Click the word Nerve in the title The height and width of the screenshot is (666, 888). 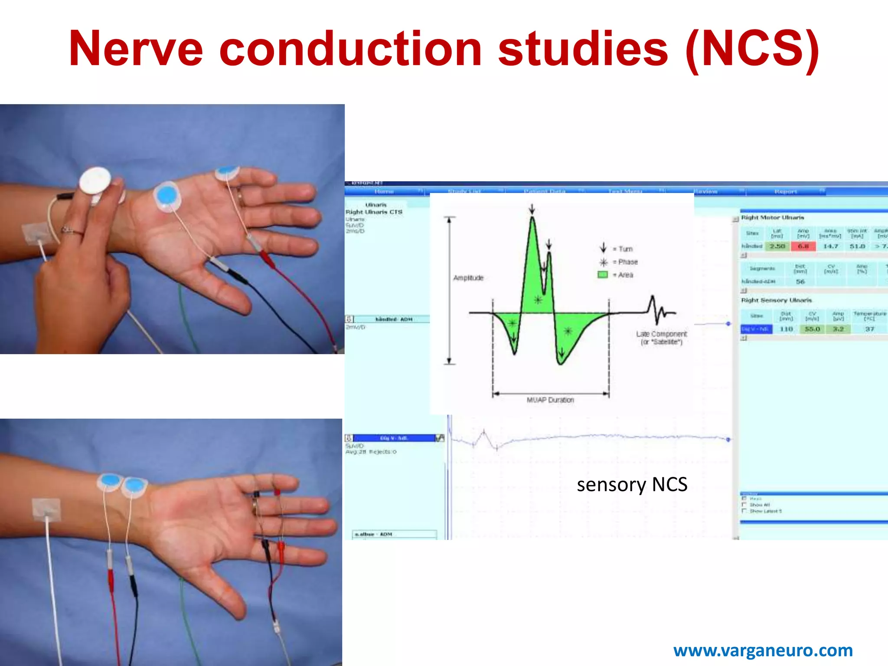tap(136, 49)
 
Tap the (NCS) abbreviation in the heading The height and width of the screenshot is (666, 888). tap(752, 49)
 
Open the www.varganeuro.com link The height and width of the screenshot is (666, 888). tap(763, 650)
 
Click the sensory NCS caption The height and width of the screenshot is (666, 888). tap(632, 485)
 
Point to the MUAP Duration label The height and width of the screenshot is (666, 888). tap(550, 400)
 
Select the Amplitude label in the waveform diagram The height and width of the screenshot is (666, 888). tap(468, 277)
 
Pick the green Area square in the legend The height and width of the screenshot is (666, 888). tap(603, 274)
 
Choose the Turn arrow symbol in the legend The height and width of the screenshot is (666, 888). tap(603, 248)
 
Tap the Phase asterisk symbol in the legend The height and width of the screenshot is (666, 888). tap(603, 262)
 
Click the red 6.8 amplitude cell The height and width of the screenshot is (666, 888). tap(803, 246)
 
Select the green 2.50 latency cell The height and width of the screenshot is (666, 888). tap(777, 246)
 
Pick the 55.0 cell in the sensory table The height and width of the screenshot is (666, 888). tap(812, 329)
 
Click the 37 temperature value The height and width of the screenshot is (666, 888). tap(870, 329)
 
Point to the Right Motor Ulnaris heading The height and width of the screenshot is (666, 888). tap(772, 217)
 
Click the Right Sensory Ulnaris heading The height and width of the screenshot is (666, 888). tap(776, 300)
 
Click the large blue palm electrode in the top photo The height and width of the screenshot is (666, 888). tap(166, 196)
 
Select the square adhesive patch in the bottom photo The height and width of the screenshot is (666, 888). tap(46, 510)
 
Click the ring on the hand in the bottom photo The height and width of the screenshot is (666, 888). tap(254, 506)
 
